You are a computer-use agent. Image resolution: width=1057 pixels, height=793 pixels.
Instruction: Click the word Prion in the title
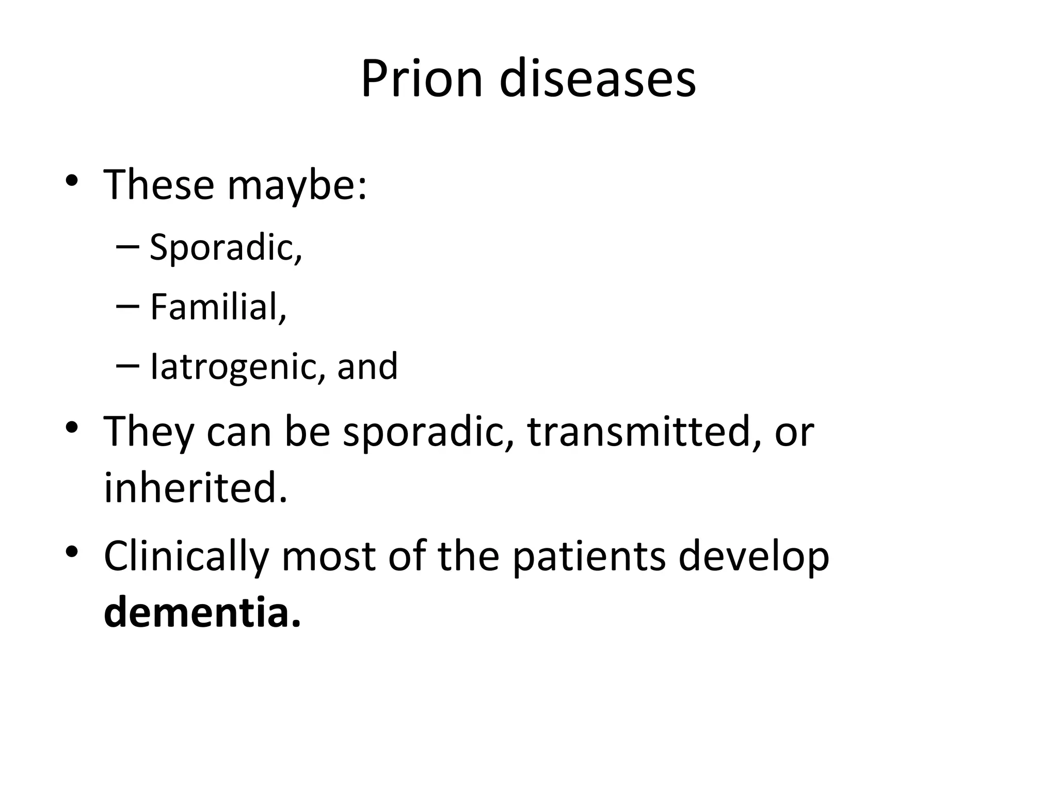point(421,79)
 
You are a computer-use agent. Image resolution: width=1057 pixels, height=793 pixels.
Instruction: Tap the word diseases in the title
point(597,79)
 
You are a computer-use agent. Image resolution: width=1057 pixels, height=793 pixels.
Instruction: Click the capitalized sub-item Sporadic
point(225,248)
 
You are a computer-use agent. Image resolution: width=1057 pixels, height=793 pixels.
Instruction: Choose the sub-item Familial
point(218,307)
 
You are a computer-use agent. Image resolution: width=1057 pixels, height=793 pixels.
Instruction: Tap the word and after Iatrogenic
point(367,367)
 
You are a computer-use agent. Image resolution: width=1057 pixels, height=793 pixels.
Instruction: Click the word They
point(149,433)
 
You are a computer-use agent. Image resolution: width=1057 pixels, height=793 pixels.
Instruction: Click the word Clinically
point(186,558)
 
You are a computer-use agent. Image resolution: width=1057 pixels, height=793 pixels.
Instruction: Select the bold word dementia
point(202,612)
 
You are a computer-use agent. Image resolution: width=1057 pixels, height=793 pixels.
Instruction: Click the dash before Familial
point(128,306)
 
